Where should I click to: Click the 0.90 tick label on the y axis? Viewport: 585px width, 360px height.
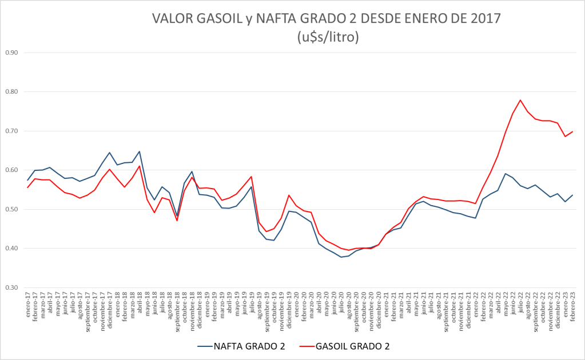(x=11, y=53)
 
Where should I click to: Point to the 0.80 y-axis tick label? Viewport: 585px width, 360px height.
(x=11, y=91)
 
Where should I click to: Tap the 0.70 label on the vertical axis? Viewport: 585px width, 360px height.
(x=11, y=131)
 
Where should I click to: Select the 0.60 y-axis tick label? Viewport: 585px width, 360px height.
(x=11, y=170)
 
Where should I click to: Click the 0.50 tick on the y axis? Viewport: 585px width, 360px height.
(x=11, y=209)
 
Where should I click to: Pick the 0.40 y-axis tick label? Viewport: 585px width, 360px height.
(x=11, y=249)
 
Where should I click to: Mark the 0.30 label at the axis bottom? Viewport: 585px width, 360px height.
(x=11, y=287)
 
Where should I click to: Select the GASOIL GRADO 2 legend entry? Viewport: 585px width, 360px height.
(x=350, y=346)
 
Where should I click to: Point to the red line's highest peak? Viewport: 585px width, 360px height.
(x=520, y=100)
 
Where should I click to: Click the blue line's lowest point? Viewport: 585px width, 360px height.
(x=341, y=257)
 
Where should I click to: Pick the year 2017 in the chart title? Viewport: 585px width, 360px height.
(x=484, y=18)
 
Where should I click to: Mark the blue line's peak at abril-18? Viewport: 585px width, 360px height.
(x=140, y=151)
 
